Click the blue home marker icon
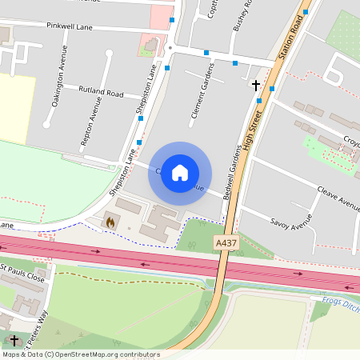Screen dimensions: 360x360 [180, 173]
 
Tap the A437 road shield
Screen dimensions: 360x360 [225, 241]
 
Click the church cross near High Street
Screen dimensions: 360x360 [256, 84]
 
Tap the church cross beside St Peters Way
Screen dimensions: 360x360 [14, 340]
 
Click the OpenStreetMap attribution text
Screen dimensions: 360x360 [81, 354]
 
